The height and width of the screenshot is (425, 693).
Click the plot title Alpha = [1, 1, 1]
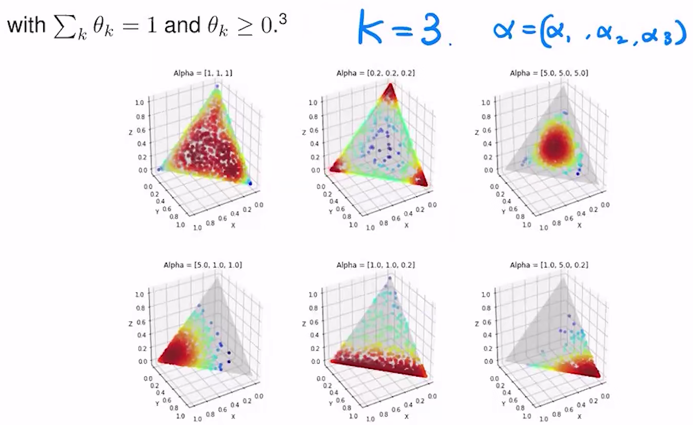tap(202, 74)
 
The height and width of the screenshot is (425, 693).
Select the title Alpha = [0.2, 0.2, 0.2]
tap(375, 74)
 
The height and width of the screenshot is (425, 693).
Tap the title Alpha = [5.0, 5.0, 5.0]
tap(550, 74)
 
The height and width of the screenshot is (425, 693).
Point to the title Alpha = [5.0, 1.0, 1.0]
tap(202, 265)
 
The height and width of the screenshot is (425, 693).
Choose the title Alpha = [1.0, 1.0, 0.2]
tap(375, 265)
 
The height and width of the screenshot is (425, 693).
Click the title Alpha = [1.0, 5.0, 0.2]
tap(550, 265)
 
